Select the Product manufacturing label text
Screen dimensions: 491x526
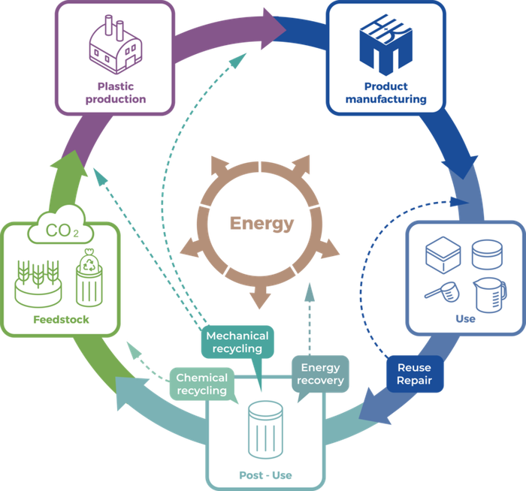click(x=396, y=92)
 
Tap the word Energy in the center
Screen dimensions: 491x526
click(x=262, y=223)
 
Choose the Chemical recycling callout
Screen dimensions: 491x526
click(x=201, y=384)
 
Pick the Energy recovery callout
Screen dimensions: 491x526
click(x=320, y=373)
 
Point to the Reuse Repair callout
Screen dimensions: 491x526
click(x=414, y=373)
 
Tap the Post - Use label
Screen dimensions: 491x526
click(x=265, y=475)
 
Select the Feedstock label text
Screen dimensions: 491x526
click(x=61, y=320)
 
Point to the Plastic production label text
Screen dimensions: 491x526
click(x=115, y=92)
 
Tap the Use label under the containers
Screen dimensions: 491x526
click(x=465, y=319)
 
